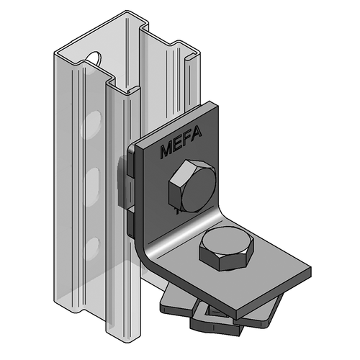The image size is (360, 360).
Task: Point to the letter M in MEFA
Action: click(x=163, y=153)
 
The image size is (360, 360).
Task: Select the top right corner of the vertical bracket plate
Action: click(x=216, y=108)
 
